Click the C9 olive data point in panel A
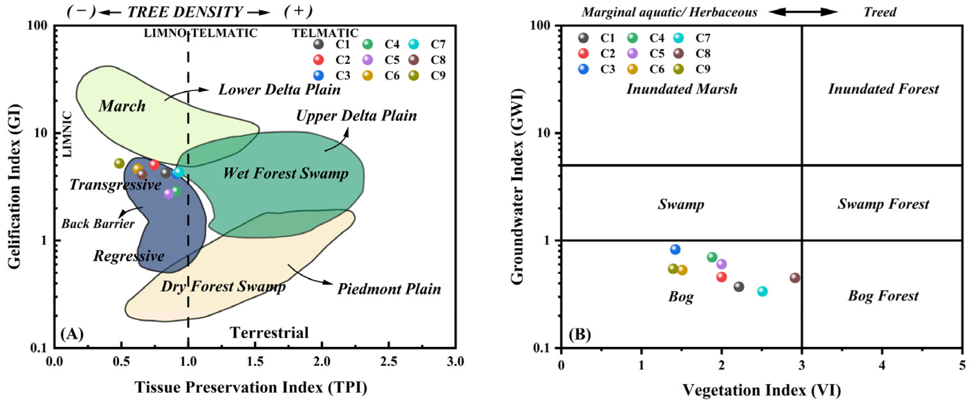(120, 163)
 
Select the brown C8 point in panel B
(795, 278)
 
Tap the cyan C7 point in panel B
(762, 291)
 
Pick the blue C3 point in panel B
(675, 249)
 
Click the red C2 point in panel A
(154, 165)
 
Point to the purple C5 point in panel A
(168, 194)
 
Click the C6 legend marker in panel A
(367, 75)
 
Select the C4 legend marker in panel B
(632, 38)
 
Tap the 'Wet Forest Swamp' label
(285, 174)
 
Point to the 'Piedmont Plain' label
(389, 289)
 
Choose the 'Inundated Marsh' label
(682, 89)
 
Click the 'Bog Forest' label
(883, 296)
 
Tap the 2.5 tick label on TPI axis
(388, 362)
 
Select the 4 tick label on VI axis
(882, 365)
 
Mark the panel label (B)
(580, 334)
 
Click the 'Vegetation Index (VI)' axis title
(761, 390)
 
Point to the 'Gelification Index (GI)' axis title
(14, 187)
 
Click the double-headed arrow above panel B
(803, 12)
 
